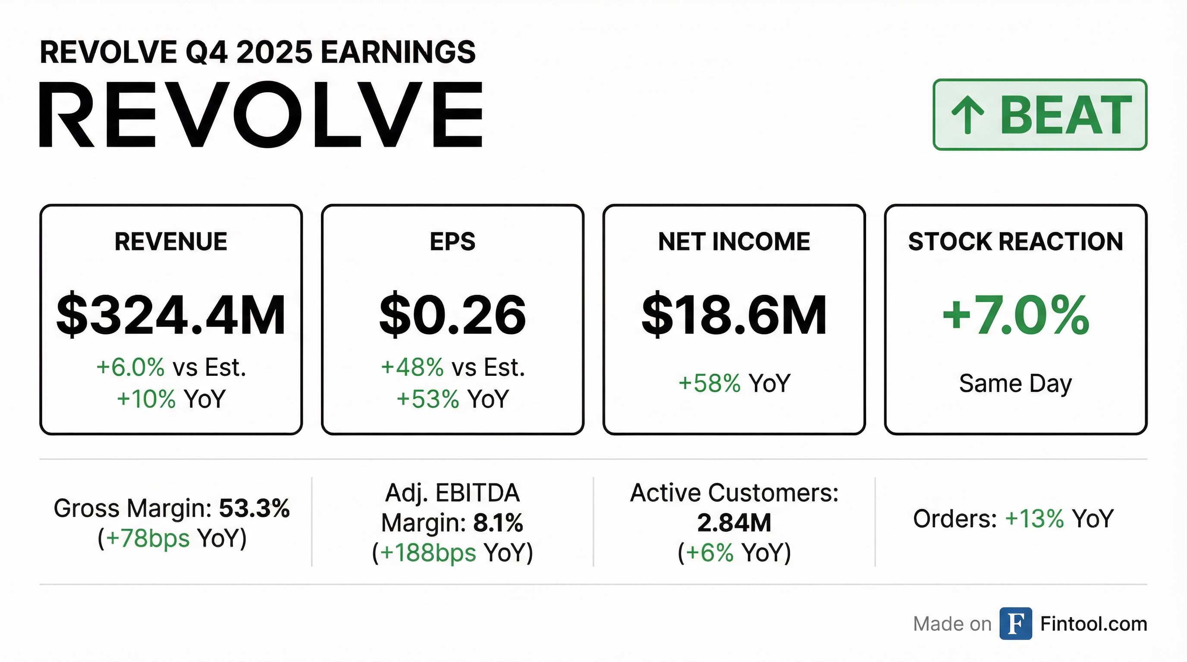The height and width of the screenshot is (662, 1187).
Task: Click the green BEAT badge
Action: click(x=1039, y=115)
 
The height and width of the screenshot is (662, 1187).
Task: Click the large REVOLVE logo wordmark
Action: click(x=261, y=115)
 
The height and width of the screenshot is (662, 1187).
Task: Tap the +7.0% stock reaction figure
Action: click(x=1016, y=315)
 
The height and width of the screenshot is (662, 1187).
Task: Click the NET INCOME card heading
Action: click(x=734, y=242)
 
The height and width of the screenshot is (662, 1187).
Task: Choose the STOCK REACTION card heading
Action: click(x=1016, y=242)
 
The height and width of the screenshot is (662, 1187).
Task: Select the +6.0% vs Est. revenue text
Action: click(x=171, y=367)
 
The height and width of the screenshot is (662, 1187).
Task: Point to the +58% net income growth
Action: click(x=709, y=383)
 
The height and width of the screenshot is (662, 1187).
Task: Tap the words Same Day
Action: click(x=1016, y=384)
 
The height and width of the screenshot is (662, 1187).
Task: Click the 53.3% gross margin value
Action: click(x=254, y=508)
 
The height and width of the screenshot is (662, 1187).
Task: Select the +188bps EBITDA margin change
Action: click(x=428, y=553)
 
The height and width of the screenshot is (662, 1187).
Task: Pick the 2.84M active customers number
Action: click(x=734, y=523)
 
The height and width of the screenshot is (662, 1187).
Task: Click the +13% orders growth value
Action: click(x=1034, y=519)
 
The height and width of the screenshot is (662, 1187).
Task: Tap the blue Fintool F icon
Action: click(x=1016, y=624)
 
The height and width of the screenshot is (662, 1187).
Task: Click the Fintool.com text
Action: click(x=1093, y=624)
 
